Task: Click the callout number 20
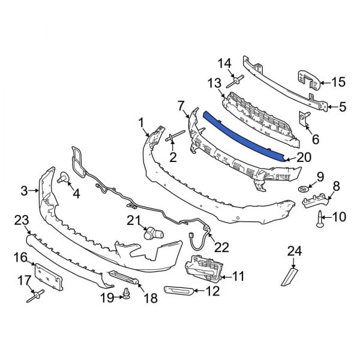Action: click(304, 159)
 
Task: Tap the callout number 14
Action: click(224, 62)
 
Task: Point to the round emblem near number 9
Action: click(304, 189)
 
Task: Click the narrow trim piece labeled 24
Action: click(289, 277)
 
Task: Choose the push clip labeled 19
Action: click(126, 293)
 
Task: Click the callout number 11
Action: click(238, 277)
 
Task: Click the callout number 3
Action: click(25, 191)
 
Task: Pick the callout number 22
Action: click(221, 247)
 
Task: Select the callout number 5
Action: click(343, 107)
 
